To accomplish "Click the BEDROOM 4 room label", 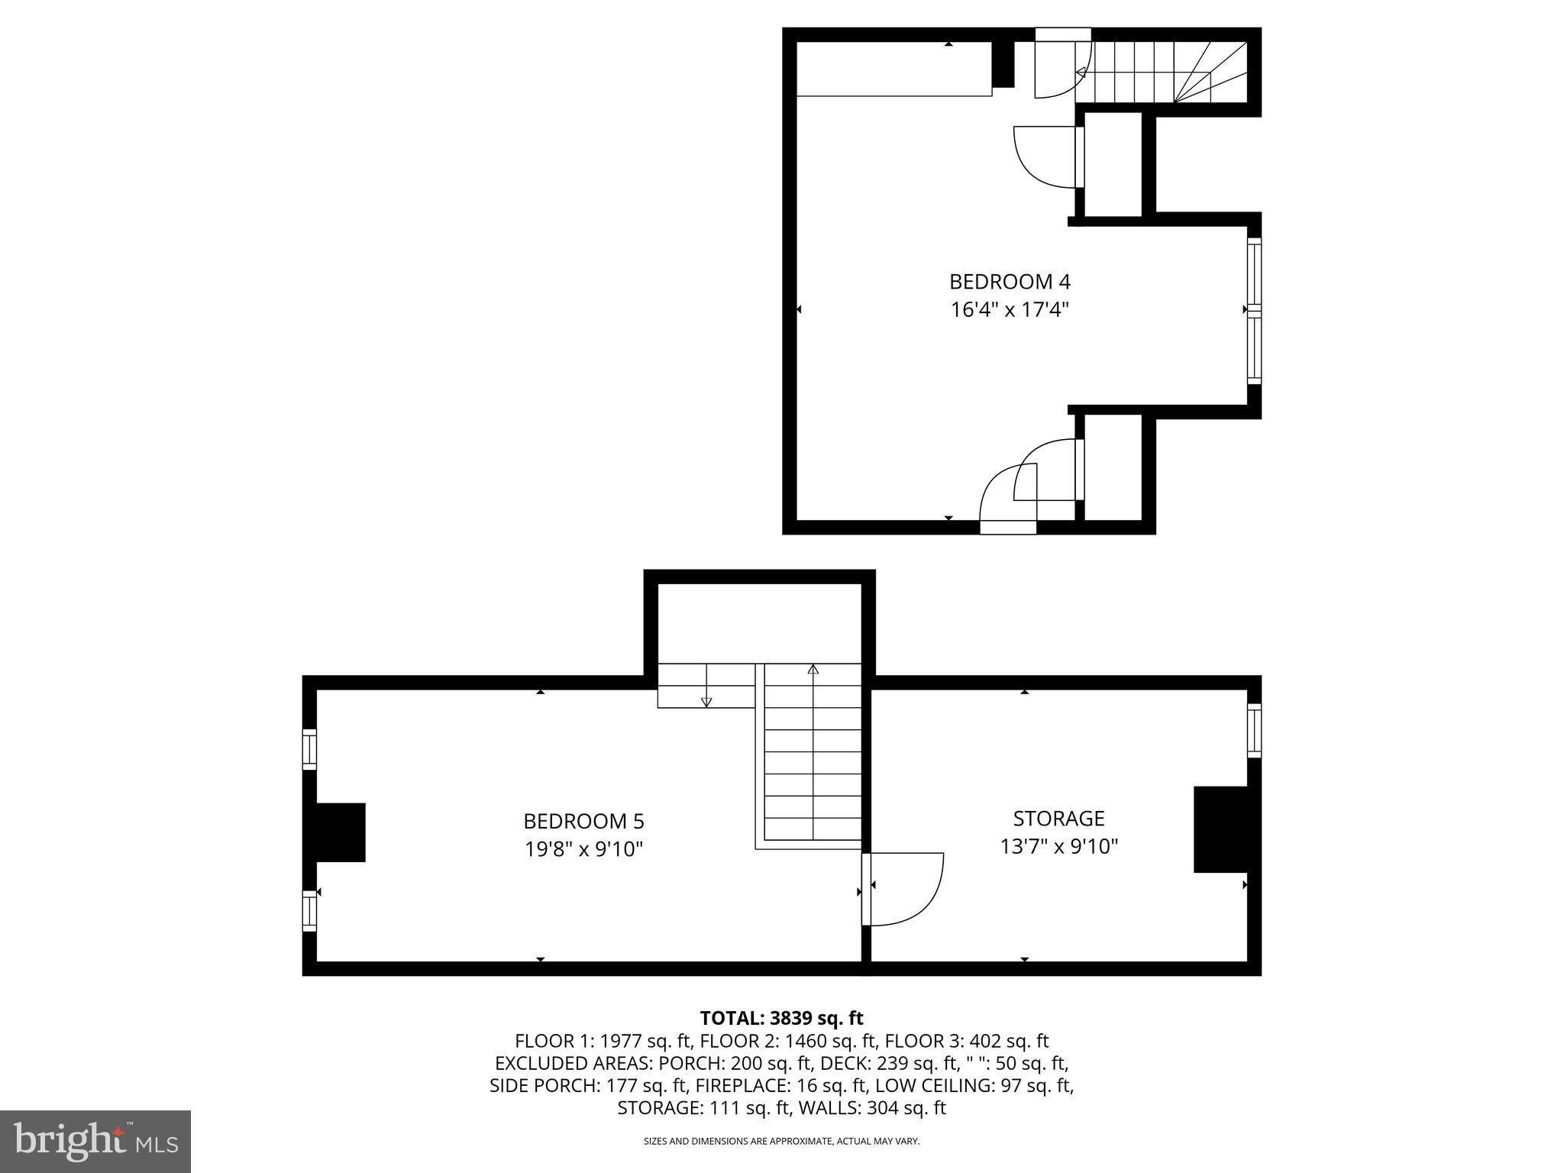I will pos(1009,282).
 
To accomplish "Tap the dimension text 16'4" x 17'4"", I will pos(1009,310).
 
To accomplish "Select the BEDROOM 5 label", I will pos(583,821).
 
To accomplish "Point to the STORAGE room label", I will pos(1058,818).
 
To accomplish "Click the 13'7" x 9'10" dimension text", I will pos(1058,846).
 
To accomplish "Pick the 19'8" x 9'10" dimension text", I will pos(583,849).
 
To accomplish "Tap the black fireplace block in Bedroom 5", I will pos(340,832).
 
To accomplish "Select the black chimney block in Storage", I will pos(1220,829).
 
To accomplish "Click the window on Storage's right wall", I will pos(1254,730).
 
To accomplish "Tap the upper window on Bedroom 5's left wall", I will pos(309,749).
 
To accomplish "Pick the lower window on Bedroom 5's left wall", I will pos(309,910).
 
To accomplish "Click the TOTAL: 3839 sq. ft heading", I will pos(781,1018).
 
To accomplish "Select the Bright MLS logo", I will pos(95,1142).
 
